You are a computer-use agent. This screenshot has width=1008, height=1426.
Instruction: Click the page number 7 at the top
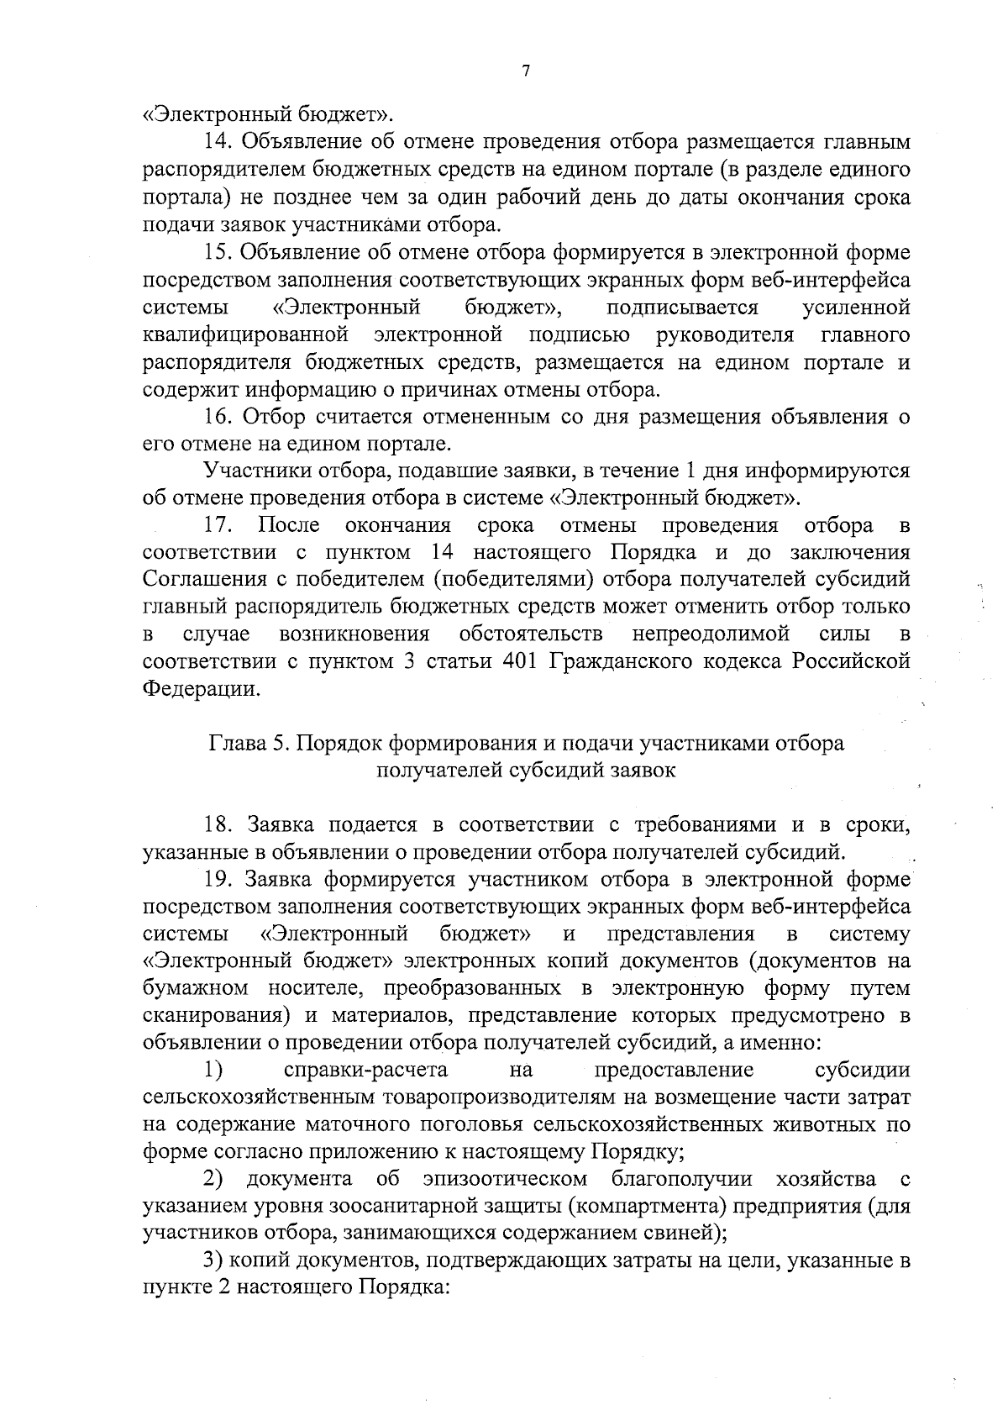click(525, 72)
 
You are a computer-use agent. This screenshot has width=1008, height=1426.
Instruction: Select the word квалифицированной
click(246, 335)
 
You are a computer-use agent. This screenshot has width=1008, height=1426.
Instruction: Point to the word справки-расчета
click(365, 1071)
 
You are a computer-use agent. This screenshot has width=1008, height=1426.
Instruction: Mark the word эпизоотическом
click(506, 1180)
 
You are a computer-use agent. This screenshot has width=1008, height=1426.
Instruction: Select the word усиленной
click(856, 308)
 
